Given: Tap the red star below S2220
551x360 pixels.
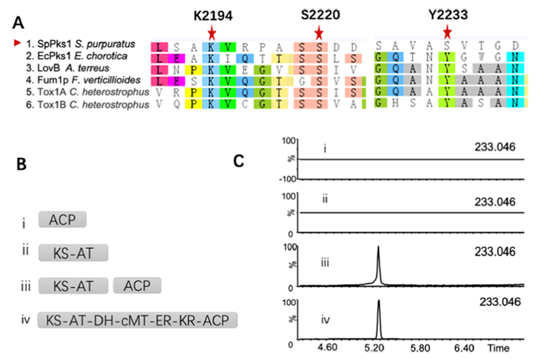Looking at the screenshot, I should pos(318,32).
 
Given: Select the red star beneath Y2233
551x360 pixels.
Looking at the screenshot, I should pos(448,32).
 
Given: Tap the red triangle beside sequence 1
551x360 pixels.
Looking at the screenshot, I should pos(8,43).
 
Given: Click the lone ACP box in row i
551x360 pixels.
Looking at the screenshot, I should pos(62,220).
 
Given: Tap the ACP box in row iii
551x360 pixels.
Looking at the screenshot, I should pos(138,285).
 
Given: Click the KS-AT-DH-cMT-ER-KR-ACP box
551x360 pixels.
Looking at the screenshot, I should pos(138,319).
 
